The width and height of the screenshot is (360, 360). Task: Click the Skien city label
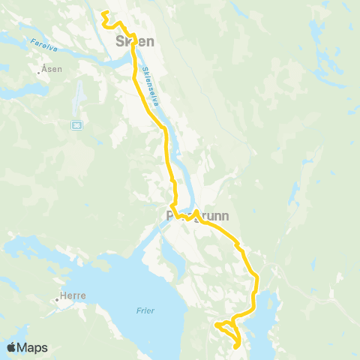pyautogui.click(x=135, y=40)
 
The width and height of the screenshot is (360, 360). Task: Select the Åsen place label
pyautogui.click(x=52, y=68)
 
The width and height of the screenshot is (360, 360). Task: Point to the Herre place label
pyautogui.click(x=73, y=295)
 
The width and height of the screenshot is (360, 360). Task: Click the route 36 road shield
pyautogui.click(x=76, y=125)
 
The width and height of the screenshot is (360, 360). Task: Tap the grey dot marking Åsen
pyautogui.click(x=38, y=73)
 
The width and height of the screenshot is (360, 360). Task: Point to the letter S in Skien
pyautogui.click(x=121, y=40)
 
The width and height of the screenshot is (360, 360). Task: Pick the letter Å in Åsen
pyautogui.click(x=44, y=68)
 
